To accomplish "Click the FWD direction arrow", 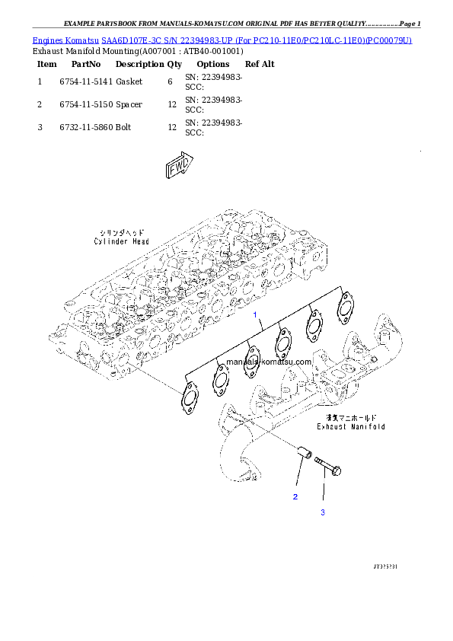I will click(180, 168).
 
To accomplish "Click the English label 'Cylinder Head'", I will click(122, 241).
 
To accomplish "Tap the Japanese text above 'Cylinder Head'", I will click(122, 232).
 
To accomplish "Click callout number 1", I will click(257, 314).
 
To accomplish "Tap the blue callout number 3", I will click(322, 512).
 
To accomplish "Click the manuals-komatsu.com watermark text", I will click(268, 362).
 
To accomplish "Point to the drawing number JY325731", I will click(387, 567).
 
